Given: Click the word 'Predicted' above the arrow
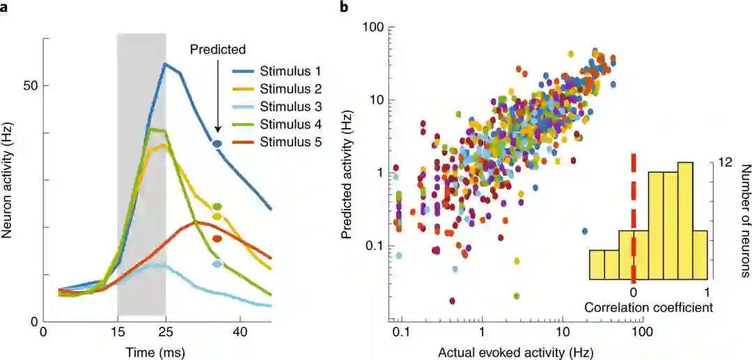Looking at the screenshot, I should pyautogui.click(x=218, y=49).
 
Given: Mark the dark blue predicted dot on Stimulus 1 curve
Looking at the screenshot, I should pyautogui.click(x=217, y=144).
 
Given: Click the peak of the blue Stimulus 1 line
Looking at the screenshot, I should pyautogui.click(x=165, y=64).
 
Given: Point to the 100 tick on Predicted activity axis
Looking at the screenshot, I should pyautogui.click(x=374, y=26).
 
